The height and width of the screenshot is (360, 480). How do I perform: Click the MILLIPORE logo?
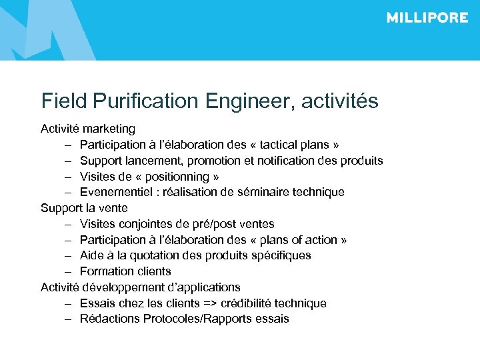coord(427,18)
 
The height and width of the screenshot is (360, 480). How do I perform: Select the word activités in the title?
coord(340,101)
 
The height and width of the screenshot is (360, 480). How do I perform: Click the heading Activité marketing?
coord(88,128)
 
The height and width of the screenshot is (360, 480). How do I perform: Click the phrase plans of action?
coord(297,240)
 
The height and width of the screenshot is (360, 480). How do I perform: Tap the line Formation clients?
coord(125,271)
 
